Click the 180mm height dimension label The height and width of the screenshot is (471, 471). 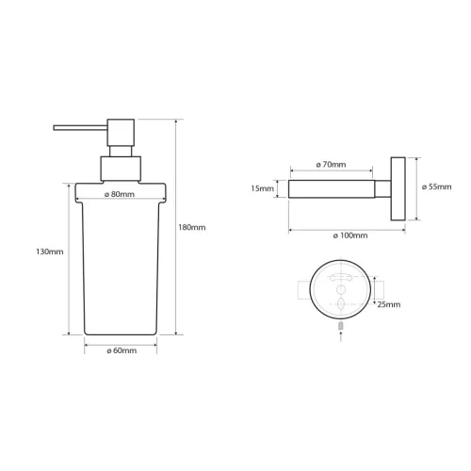191,227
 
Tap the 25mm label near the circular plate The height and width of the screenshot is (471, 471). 388,304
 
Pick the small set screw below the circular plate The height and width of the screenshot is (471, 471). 337,326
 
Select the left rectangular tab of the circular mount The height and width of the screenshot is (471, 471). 303,290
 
